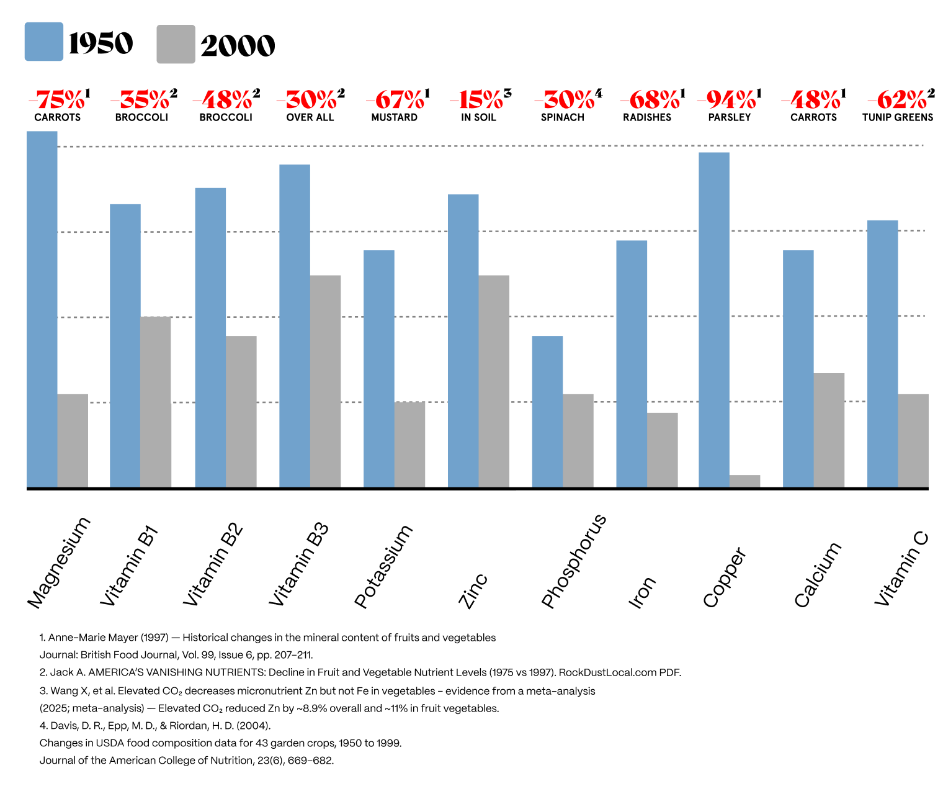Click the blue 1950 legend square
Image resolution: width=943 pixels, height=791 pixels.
[43, 42]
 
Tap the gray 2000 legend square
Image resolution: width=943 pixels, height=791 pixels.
[176, 44]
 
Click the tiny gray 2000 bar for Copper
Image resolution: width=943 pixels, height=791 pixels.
[744, 481]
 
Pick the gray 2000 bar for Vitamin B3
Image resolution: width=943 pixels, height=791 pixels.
[325, 381]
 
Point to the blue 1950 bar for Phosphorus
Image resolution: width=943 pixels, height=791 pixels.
[547, 412]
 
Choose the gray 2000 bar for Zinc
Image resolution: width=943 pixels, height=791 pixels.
[494, 381]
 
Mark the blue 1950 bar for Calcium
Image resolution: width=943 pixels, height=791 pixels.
[798, 369]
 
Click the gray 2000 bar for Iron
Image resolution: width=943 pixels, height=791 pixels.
[662, 450]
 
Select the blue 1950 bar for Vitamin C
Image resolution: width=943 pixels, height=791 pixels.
[882, 354]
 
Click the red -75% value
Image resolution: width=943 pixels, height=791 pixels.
[57, 99]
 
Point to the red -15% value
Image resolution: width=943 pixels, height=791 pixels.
[477, 99]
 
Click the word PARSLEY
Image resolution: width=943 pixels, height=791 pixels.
[730, 117]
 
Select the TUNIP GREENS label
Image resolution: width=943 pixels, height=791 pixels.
[897, 117]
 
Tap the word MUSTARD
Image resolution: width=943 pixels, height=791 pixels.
[394, 117]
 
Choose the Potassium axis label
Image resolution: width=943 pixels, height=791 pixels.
[383, 566]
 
